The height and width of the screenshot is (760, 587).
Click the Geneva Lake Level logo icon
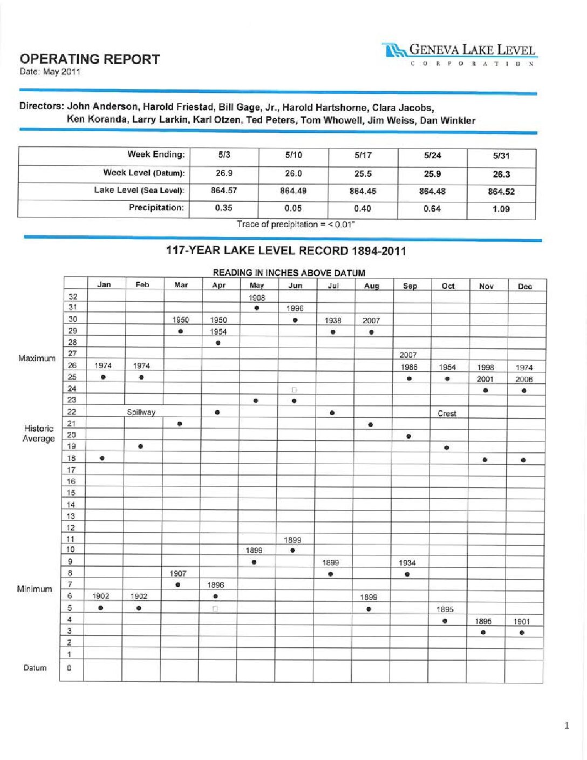[x=394, y=51]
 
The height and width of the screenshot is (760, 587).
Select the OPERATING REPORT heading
[x=90, y=59]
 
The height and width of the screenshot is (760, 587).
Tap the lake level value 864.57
[x=224, y=191]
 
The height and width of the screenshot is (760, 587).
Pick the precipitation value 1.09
[x=501, y=209]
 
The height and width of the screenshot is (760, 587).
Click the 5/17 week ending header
[x=363, y=155]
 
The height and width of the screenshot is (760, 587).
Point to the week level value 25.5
[x=363, y=174]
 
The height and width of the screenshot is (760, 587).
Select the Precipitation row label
[x=156, y=208]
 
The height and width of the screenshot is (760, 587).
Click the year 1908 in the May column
[x=257, y=298]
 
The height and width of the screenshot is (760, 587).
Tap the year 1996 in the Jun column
[x=295, y=309]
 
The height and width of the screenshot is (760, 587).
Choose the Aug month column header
[x=372, y=286]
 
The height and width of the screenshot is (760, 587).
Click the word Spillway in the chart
[x=141, y=412]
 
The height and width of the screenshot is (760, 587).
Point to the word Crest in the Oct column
[x=447, y=413]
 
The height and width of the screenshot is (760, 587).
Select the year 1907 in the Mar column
[x=178, y=574]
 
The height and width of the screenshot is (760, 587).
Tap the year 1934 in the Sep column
[x=407, y=562]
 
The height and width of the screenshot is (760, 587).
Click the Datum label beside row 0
[x=35, y=668]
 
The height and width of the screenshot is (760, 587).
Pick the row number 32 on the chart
[x=73, y=297]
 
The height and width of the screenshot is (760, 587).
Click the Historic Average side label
[x=38, y=433]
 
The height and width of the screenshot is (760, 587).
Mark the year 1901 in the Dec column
[x=521, y=621]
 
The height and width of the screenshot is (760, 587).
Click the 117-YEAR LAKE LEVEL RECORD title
[x=286, y=251]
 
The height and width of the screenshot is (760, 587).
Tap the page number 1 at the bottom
[x=566, y=726]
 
